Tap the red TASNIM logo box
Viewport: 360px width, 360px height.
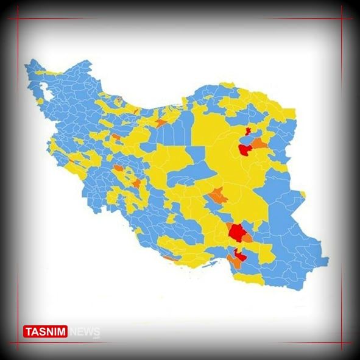(x=46, y=331)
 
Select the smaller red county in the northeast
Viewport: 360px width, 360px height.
(x=247, y=132)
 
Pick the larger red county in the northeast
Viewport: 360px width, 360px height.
(x=245, y=149)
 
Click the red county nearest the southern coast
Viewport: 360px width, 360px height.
(x=241, y=256)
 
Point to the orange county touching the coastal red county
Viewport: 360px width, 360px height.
(x=233, y=261)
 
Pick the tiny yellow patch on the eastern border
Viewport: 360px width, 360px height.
(x=303, y=194)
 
